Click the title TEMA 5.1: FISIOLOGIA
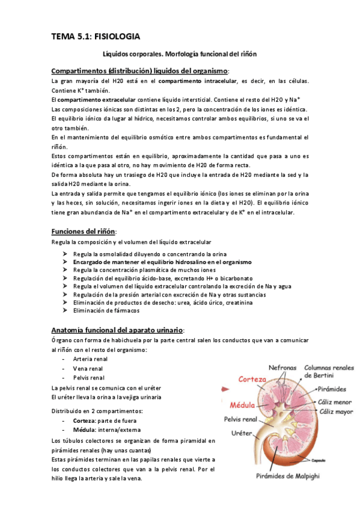click(x=96, y=37)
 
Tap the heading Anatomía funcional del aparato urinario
click(x=118, y=330)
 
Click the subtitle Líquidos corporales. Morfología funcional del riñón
click(x=180, y=54)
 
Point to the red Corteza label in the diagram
click(x=236, y=379)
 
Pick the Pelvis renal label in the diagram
click(x=240, y=419)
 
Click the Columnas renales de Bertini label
click(x=329, y=369)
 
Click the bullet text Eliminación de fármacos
click(x=106, y=311)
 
